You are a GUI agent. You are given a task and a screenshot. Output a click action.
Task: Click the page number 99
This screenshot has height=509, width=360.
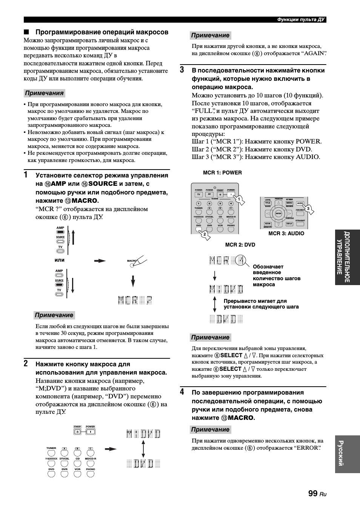(x=312, y=494)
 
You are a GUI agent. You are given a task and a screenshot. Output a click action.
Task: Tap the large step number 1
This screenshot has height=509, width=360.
(x=25, y=175)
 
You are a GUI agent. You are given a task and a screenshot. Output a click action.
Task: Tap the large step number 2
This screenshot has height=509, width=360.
(x=25, y=364)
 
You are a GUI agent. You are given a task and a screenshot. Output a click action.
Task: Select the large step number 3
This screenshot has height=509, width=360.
(x=182, y=70)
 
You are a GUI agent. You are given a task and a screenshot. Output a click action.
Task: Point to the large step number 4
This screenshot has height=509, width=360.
(x=182, y=392)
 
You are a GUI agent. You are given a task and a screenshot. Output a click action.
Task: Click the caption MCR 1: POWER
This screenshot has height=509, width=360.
(x=222, y=173)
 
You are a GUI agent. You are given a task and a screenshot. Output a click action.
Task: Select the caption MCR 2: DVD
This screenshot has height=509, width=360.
(x=240, y=245)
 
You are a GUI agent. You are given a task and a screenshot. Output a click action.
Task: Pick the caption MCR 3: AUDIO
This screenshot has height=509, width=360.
(x=286, y=233)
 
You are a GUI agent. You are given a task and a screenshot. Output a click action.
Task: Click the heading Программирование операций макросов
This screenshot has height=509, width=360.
(x=102, y=32)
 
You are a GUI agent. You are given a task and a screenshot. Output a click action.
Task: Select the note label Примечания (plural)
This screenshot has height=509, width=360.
(x=44, y=93)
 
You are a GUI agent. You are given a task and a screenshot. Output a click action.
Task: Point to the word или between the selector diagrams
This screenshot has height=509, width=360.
(x=60, y=260)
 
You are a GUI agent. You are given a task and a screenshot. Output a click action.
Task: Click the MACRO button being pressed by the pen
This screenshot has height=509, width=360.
(x=132, y=265)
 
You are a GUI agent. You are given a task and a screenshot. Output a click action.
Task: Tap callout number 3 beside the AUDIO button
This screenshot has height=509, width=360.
(x=308, y=208)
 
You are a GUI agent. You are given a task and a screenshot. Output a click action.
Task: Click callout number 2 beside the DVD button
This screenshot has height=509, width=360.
(x=205, y=234)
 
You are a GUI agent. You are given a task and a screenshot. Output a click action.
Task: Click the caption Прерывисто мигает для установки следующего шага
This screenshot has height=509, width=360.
(x=261, y=304)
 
